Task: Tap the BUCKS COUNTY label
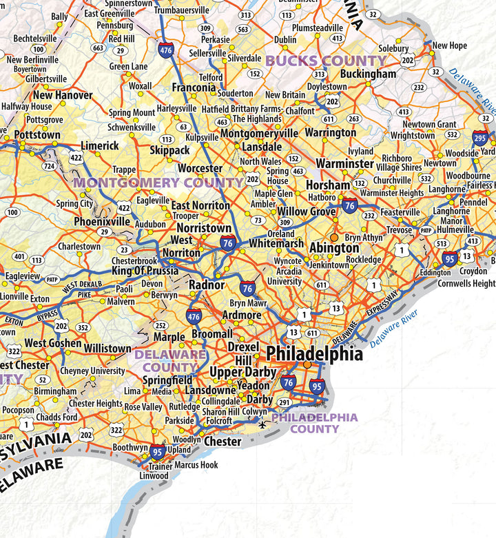[326, 61]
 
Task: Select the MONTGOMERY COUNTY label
[158, 183]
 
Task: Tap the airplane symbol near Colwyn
[262, 424]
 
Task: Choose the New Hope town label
[449, 46]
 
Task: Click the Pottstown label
[37, 134]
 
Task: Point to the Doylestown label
[327, 87]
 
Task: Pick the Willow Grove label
[307, 211]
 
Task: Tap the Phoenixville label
[102, 222]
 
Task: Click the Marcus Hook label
[196, 465]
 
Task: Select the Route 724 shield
[49, 166]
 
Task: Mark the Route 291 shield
[285, 403]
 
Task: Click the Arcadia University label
[285, 276]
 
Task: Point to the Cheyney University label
[92, 371]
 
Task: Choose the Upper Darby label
[236, 373]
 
